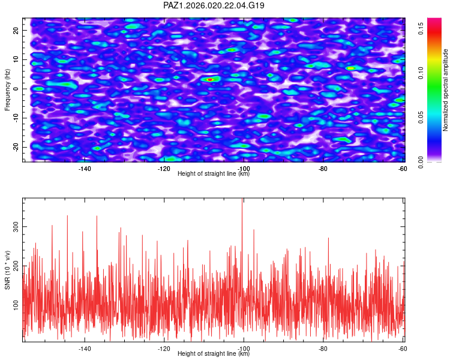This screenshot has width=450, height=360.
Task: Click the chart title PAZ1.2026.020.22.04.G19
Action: pyautogui.click(x=214, y=5)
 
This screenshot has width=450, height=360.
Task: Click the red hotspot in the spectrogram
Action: pyautogui.click(x=210, y=79)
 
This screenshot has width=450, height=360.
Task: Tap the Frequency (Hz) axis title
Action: pyautogui.click(x=8, y=89)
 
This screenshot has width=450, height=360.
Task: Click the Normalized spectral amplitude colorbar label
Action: pyautogui.click(x=446, y=90)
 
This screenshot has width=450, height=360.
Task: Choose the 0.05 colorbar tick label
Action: pyautogui.click(x=421, y=118)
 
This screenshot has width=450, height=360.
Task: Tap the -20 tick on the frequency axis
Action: pyautogui.click(x=15, y=147)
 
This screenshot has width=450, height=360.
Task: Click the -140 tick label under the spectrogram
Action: pyautogui.click(x=85, y=169)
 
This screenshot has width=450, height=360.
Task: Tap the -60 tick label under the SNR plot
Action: pyautogui.click(x=402, y=349)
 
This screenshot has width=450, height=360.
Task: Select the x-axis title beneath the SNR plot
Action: pyautogui.click(x=214, y=354)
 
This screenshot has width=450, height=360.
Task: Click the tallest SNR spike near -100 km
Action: pyautogui.click(x=242, y=200)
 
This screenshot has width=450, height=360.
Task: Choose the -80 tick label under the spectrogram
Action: pyautogui.click(x=323, y=169)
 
